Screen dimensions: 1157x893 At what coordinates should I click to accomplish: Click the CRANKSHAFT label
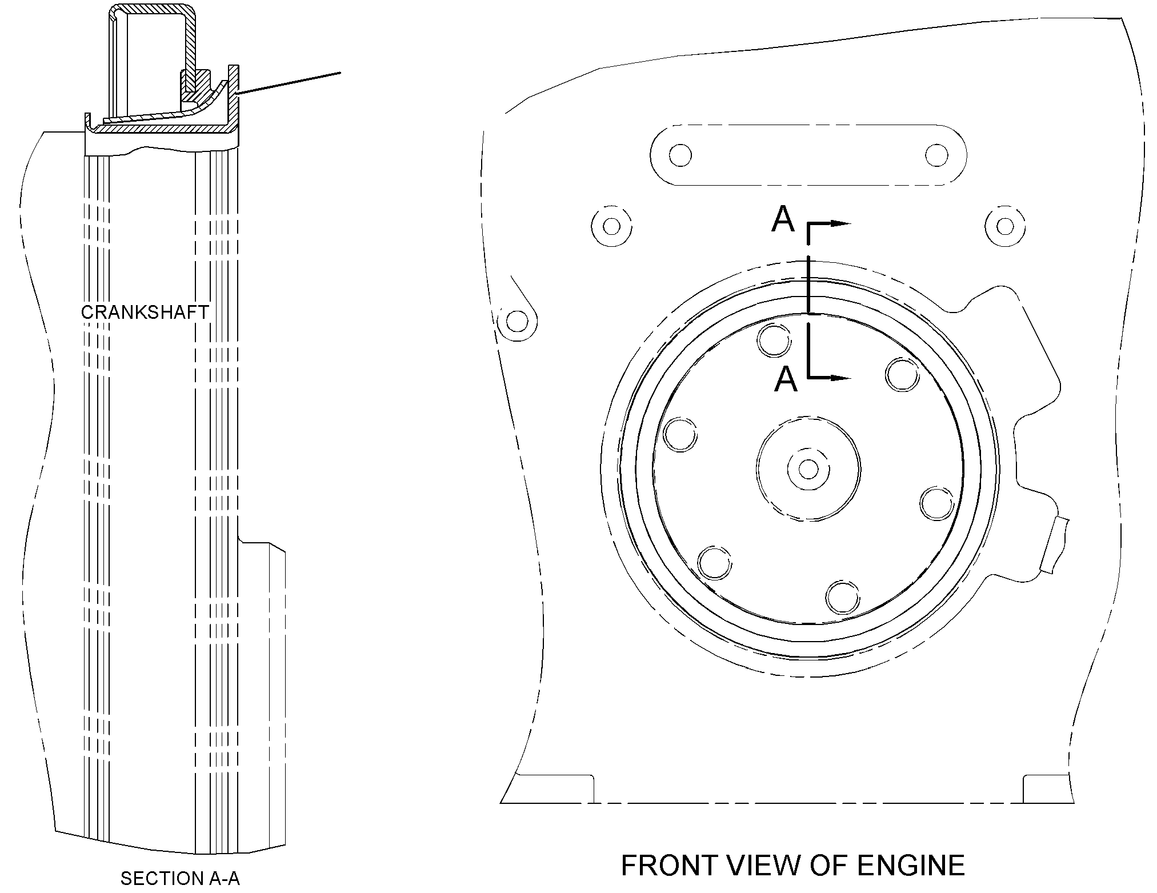[x=145, y=313]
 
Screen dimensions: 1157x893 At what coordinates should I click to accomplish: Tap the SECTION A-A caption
[x=180, y=879]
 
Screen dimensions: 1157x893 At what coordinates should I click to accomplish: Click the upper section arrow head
[x=841, y=224]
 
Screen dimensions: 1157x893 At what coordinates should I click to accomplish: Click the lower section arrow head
[x=841, y=378]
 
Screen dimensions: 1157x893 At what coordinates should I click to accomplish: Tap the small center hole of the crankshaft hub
[x=808, y=469]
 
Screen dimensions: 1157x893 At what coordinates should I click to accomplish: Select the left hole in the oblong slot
[x=680, y=155]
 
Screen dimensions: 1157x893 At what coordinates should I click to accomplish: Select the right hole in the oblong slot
[x=936, y=155]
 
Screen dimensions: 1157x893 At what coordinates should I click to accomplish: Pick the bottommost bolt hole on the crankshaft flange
[x=843, y=598]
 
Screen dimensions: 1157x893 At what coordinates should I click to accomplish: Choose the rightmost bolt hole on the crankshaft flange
[x=938, y=503]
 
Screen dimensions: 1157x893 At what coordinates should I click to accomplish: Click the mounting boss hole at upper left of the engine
[x=611, y=226]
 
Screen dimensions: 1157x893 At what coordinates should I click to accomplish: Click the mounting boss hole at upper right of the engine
[x=1005, y=226]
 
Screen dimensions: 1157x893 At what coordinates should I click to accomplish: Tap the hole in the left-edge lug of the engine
[x=517, y=322]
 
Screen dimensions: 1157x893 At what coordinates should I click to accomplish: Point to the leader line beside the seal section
[x=289, y=83]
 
